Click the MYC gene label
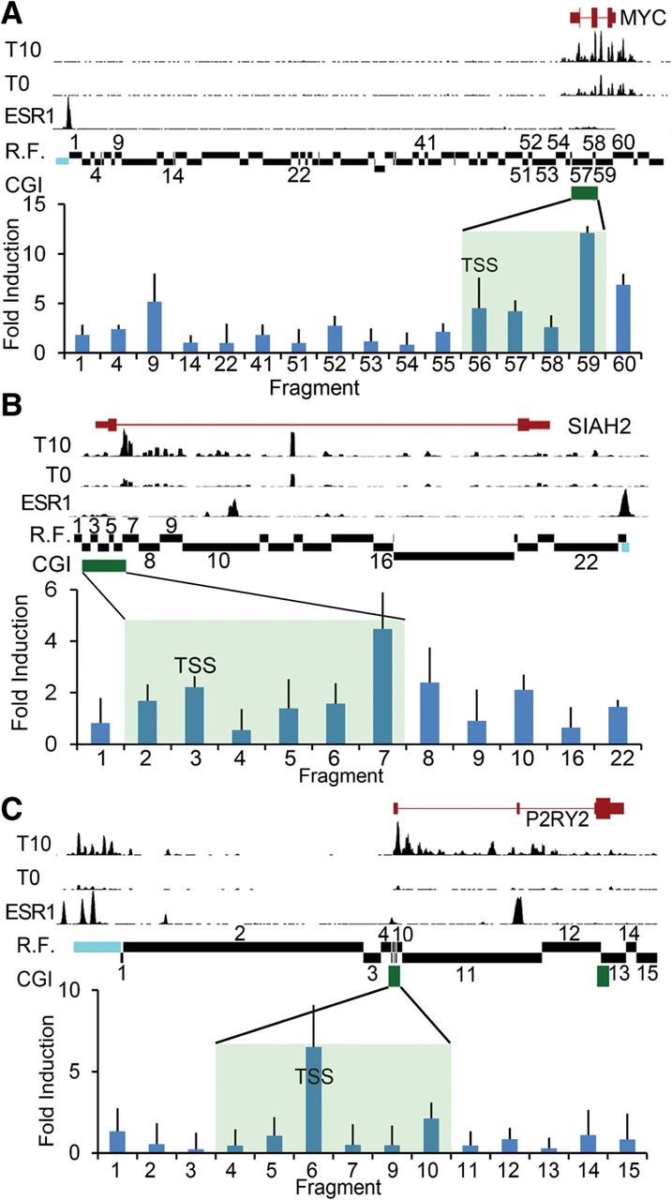pos(642,17)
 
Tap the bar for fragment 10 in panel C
pos(426,1135)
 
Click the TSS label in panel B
pos(196,667)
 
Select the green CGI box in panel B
pos(104,564)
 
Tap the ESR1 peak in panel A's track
pos(67,117)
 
